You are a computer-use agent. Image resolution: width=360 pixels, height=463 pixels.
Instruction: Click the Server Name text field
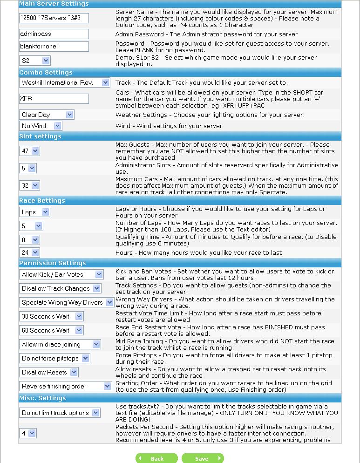point(54,18)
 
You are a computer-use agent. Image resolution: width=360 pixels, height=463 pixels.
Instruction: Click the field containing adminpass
point(54,34)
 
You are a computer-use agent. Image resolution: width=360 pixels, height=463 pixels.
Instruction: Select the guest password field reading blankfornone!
point(54,47)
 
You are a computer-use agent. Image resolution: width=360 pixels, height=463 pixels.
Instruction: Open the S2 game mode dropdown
point(35,61)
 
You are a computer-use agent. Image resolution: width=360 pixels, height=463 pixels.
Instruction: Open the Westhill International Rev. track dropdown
point(65,82)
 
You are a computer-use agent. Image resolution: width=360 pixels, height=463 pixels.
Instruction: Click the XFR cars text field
point(54,99)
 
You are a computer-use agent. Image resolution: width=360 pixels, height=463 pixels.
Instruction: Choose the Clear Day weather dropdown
point(47,115)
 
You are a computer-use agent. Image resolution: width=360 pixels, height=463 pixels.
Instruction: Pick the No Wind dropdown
point(41,126)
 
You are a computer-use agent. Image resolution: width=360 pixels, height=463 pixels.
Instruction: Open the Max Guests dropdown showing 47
point(29,151)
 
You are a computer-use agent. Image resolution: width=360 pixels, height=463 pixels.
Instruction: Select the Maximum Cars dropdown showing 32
point(29,185)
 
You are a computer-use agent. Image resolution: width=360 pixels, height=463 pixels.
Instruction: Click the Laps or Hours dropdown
point(34,212)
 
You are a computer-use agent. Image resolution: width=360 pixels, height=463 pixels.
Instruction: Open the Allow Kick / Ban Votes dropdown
point(61,274)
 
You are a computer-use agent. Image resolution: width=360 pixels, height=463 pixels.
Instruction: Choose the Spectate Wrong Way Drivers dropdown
point(67,302)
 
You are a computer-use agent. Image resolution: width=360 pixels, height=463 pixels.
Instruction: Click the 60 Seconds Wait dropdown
point(51,330)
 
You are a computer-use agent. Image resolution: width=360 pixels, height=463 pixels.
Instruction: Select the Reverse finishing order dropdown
point(66,386)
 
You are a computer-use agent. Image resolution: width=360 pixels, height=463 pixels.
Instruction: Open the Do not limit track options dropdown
point(60,413)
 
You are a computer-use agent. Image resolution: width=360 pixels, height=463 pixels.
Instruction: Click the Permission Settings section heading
point(53,263)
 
